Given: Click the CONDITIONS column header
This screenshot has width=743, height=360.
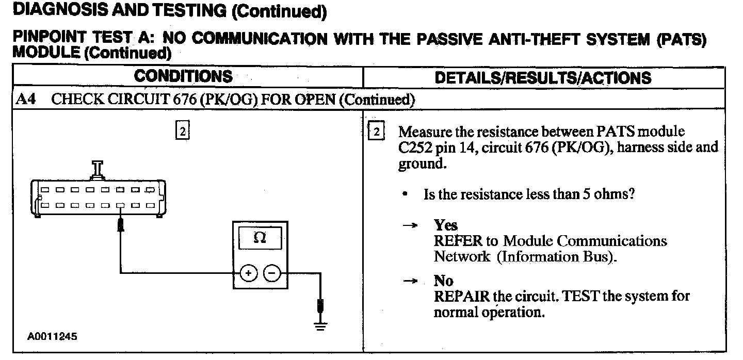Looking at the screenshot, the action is coord(183,77).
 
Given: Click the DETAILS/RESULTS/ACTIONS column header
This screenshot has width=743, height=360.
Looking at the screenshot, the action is coord(543,78).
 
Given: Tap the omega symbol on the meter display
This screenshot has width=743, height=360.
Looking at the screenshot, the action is coord(260,238).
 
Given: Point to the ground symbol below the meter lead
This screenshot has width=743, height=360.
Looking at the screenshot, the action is coord(320,325).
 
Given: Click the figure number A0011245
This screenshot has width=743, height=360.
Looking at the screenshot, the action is coord(52,336).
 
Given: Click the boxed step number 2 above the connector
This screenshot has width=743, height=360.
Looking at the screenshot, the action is coord(183,131).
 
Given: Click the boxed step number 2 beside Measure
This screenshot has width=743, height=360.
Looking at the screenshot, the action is coord(376,132).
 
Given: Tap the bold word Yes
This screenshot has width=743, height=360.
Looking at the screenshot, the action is coord(445,226).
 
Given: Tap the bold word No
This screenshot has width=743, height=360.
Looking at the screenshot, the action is coord(443,281).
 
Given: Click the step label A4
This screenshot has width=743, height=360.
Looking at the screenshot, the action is coord(26,100).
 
